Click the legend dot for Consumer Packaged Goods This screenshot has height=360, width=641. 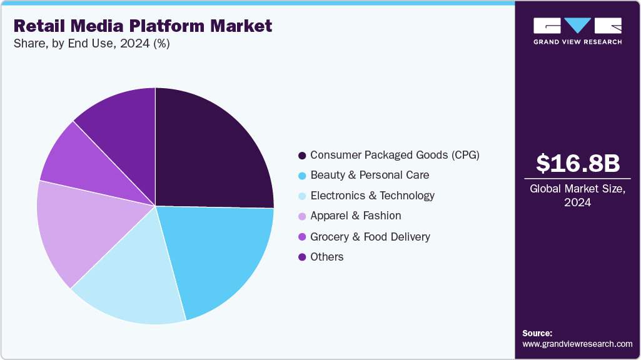(302, 155)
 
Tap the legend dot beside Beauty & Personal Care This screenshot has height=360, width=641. (302, 175)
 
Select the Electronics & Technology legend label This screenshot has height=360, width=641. (372, 196)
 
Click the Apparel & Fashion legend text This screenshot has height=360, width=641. (355, 216)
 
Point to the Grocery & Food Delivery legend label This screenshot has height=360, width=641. (370, 236)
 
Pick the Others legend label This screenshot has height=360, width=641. (326, 257)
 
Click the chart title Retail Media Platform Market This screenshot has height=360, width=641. (143, 26)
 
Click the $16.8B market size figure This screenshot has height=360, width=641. (578, 163)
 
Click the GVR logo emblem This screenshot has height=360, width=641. (577, 26)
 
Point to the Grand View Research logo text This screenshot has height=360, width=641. (577, 42)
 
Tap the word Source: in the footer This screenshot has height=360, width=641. (537, 333)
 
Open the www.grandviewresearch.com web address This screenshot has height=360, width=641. (577, 344)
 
